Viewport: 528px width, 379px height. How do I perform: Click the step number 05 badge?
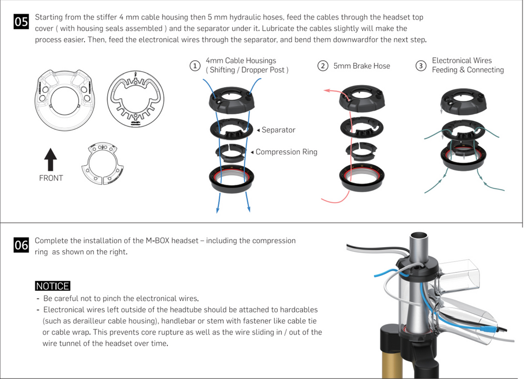coord(21,22)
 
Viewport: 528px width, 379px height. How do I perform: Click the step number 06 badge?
coord(21,245)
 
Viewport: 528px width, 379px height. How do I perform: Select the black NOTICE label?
coord(52,286)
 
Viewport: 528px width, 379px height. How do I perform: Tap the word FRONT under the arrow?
coord(51,178)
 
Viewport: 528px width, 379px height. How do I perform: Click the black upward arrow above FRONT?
coord(50,159)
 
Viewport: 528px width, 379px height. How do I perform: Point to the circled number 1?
coord(195,66)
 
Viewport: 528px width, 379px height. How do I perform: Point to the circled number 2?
coord(323,66)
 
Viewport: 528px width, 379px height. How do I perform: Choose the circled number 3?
coord(421,66)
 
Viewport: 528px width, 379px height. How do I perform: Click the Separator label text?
coord(278,130)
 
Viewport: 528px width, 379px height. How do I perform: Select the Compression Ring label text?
coord(286,152)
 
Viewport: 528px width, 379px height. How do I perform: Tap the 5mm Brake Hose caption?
coord(362,66)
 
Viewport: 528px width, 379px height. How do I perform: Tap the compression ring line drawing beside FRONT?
coord(103,164)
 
